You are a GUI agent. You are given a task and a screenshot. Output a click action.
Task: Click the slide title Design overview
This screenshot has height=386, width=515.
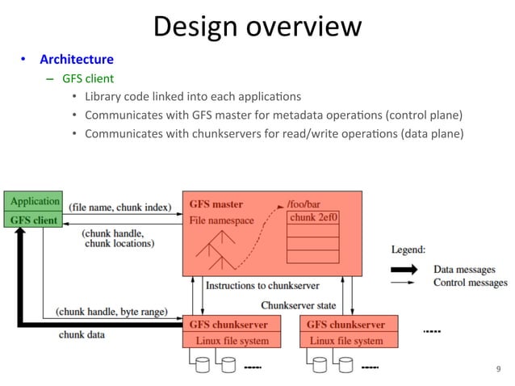click(x=257, y=26)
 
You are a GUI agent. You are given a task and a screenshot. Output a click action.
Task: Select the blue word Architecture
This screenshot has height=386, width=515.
click(x=77, y=60)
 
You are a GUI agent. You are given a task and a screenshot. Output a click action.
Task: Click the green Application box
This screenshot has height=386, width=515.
click(x=35, y=201)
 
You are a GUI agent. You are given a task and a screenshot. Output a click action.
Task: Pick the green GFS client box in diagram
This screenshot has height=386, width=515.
click(x=35, y=218)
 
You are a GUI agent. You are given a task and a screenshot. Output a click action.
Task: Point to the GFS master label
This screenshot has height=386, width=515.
click(x=216, y=204)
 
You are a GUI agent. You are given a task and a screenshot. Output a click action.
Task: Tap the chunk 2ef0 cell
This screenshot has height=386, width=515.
click(x=313, y=217)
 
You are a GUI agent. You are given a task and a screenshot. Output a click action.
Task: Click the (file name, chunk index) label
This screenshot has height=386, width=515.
click(x=119, y=208)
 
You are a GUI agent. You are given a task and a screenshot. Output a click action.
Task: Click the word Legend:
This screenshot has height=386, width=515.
click(x=410, y=250)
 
